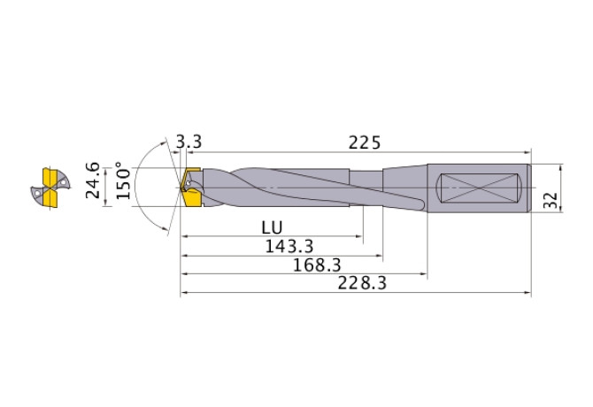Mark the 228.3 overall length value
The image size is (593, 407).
point(362,284)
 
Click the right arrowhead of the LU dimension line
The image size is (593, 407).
point(359,237)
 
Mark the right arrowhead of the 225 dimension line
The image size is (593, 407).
point(528,152)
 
